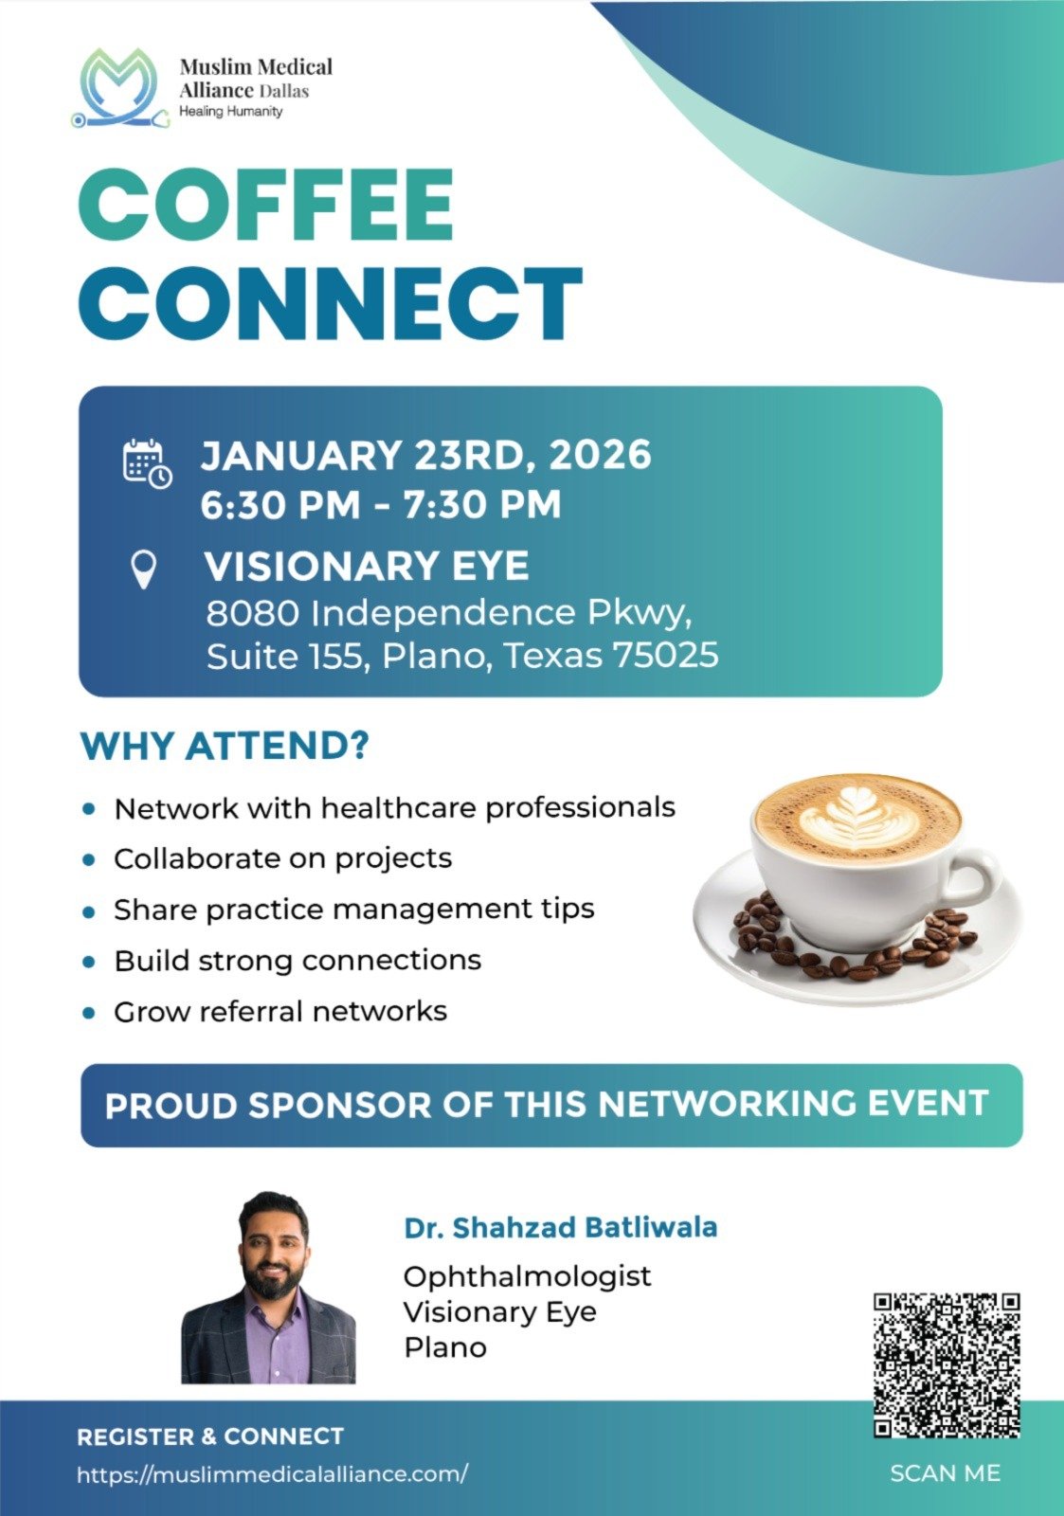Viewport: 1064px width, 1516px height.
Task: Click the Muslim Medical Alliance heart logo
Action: pyautogui.click(x=119, y=88)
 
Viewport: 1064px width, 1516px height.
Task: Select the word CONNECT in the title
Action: pyautogui.click(x=331, y=303)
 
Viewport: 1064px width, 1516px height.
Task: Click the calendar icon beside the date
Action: pyautogui.click(x=148, y=463)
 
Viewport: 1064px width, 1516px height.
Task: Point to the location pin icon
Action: pyautogui.click(x=143, y=569)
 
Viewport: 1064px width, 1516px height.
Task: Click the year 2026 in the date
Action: pyautogui.click(x=600, y=454)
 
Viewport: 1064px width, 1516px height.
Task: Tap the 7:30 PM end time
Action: pyautogui.click(x=482, y=504)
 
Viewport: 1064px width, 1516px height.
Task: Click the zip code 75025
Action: pyautogui.click(x=665, y=655)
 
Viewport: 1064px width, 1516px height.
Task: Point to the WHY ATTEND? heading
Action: pyautogui.click(x=225, y=746)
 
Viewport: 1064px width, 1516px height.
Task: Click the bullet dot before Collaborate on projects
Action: pyautogui.click(x=89, y=859)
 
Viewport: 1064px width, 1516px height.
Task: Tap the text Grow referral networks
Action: pyautogui.click(x=280, y=1012)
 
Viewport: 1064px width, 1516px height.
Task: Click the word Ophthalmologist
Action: pyautogui.click(x=527, y=1276)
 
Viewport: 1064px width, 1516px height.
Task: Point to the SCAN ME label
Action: pyautogui.click(x=945, y=1472)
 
